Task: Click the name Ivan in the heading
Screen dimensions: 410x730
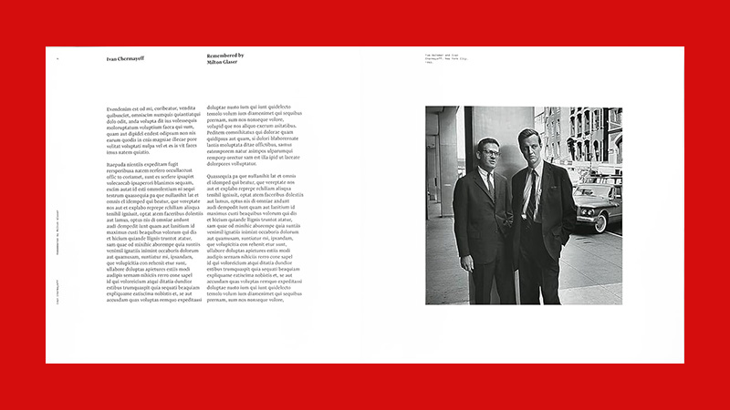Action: (111, 58)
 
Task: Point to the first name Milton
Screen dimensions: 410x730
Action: (216, 63)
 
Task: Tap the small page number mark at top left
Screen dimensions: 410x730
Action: (57, 58)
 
